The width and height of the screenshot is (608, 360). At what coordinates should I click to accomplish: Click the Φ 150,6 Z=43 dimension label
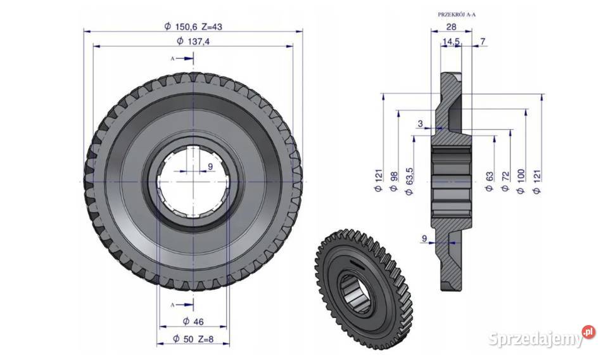(193, 27)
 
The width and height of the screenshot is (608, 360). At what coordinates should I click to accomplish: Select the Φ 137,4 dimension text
(193, 41)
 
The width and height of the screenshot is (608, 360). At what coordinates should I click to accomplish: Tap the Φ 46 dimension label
(193, 321)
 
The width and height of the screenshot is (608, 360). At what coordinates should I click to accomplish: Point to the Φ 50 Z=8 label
(193, 338)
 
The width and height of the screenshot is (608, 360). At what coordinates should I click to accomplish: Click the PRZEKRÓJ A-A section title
(457, 15)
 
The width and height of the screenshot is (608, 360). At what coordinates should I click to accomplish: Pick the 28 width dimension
(452, 27)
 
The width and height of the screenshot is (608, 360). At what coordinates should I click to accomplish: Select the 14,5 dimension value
(451, 41)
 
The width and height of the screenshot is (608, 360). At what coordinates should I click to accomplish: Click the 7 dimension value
(483, 41)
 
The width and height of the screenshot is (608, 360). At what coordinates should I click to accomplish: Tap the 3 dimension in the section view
(421, 124)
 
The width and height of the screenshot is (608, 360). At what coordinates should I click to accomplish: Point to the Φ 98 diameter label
(394, 181)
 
